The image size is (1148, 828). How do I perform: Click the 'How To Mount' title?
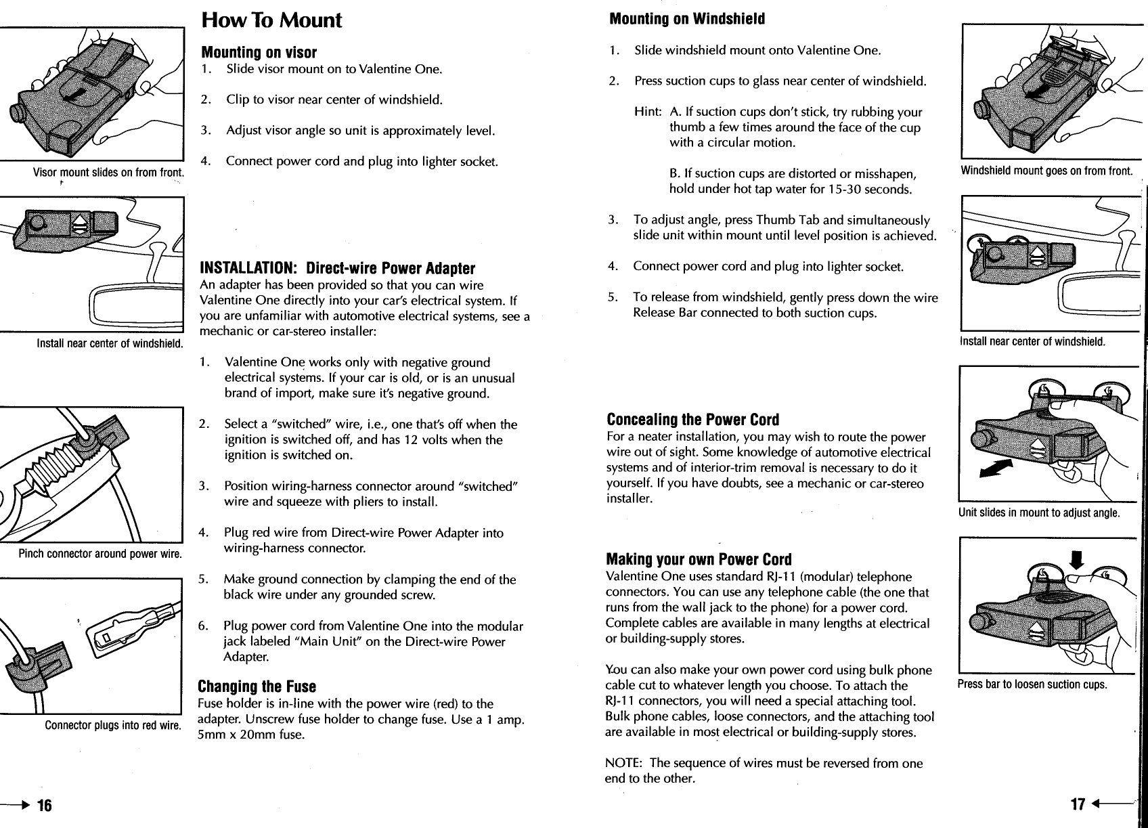click(271, 20)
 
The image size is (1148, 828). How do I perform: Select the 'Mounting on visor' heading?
click(259, 52)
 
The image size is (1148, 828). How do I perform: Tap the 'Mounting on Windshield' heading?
click(687, 19)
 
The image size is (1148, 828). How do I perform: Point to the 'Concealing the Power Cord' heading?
click(692, 420)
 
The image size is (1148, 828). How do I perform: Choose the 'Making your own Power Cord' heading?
click(699, 560)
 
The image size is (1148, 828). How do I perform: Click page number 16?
click(44, 805)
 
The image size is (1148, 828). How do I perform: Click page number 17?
click(1078, 804)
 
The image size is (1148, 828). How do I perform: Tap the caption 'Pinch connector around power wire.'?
click(100, 554)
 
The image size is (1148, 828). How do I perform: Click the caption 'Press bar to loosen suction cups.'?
click(1032, 684)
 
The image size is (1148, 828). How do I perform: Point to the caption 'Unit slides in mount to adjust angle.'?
click(1039, 513)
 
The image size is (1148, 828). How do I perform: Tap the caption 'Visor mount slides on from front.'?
click(109, 173)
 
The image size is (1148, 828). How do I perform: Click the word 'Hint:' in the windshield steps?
click(648, 112)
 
